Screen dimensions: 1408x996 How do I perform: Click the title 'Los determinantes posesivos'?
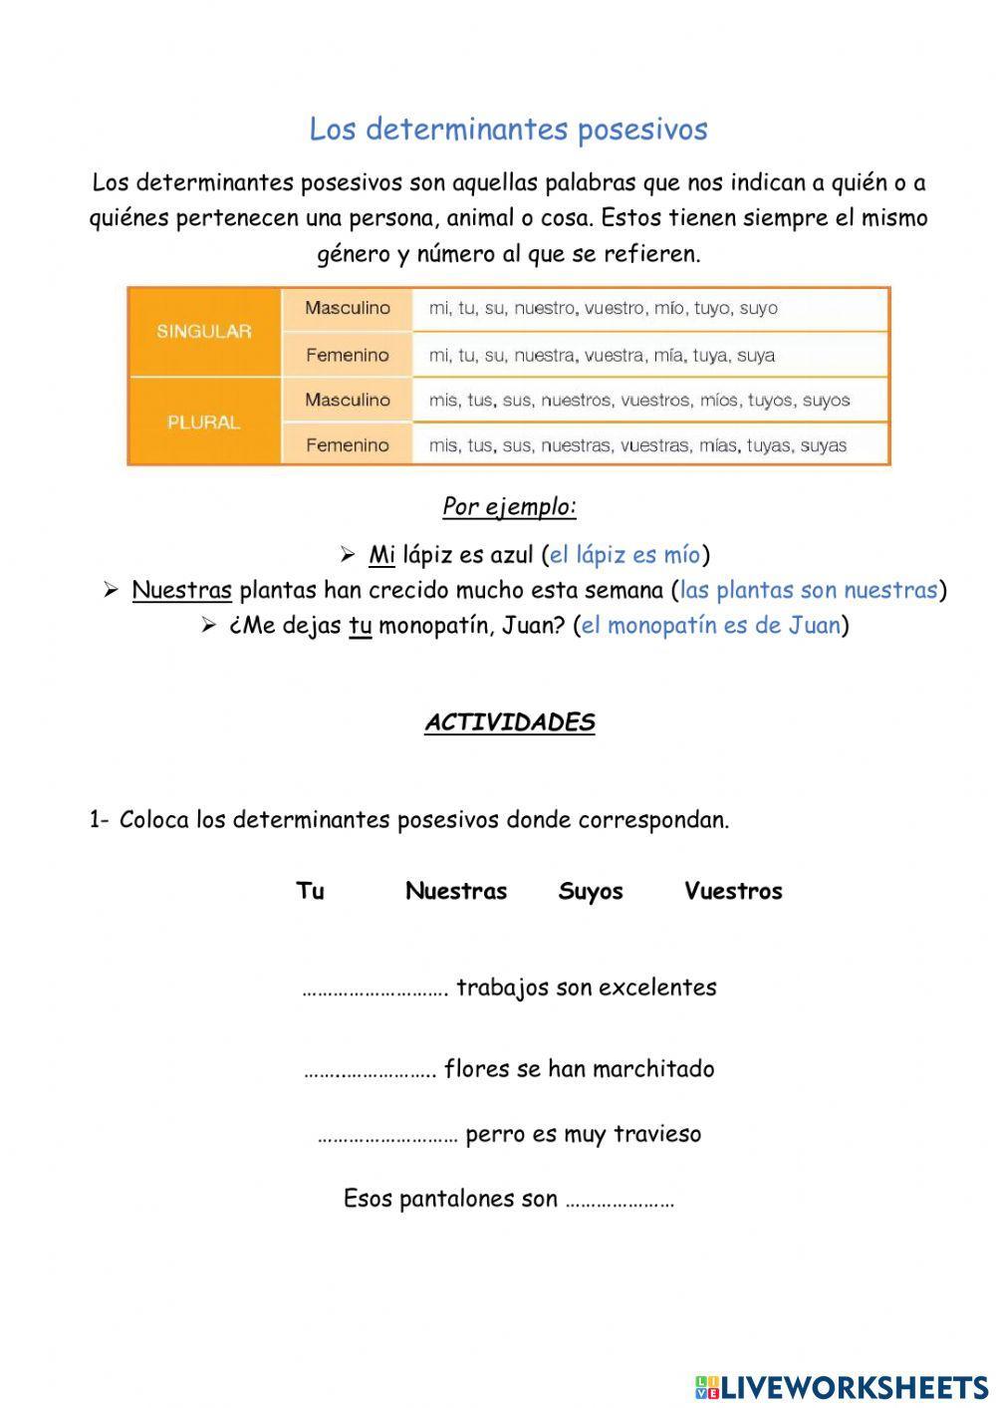click(508, 130)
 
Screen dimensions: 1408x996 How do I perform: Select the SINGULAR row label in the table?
click(203, 332)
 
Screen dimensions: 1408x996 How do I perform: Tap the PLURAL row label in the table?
click(203, 422)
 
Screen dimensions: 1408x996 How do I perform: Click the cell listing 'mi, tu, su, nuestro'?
click(603, 309)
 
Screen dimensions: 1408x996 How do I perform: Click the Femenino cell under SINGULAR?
click(347, 355)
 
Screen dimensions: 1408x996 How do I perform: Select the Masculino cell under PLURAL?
click(347, 400)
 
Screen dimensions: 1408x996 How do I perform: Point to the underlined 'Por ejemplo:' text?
click(509, 506)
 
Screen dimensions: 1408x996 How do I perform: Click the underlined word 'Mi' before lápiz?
click(381, 555)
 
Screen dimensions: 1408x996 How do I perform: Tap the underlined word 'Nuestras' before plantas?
click(181, 591)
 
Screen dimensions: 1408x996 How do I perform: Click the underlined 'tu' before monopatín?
click(360, 627)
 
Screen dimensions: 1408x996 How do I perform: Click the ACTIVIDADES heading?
click(509, 723)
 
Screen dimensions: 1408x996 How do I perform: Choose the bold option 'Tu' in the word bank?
click(310, 891)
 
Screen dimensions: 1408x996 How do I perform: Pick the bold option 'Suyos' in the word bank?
click(591, 891)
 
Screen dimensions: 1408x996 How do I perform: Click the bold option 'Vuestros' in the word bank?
click(733, 891)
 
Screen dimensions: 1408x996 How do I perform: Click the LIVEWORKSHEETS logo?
click(841, 1386)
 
